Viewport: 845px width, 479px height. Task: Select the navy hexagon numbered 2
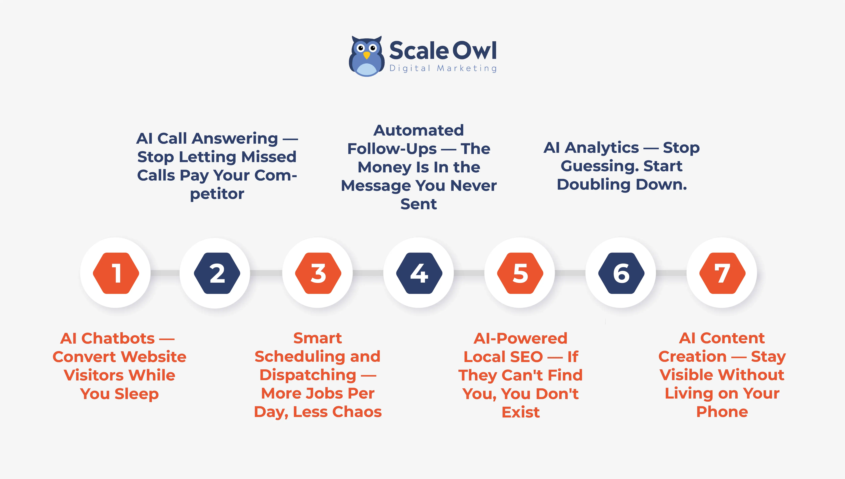217,273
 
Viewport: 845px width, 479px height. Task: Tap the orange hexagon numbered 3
318,273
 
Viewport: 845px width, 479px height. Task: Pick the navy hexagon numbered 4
419,273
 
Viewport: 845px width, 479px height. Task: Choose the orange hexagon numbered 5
520,273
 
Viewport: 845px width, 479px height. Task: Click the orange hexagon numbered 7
722,273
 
